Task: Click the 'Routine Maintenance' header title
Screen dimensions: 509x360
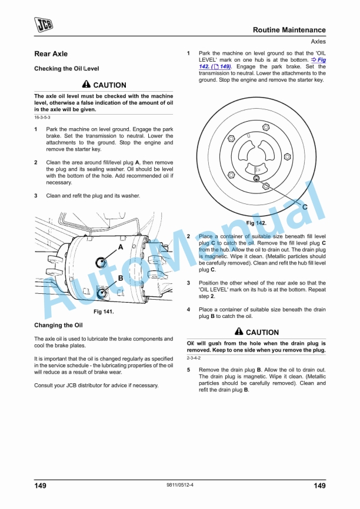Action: (289, 30)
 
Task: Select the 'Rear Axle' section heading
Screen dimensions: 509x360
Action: (51, 54)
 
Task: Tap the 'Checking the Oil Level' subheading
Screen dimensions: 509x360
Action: (66, 69)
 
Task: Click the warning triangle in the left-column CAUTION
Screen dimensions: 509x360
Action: (86, 85)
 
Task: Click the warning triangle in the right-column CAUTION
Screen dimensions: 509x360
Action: (239, 332)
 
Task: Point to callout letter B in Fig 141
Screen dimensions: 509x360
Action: (120, 277)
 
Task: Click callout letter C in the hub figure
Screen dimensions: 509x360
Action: (304, 207)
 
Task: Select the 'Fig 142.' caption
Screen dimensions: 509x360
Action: (256, 223)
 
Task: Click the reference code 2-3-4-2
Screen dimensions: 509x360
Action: (194, 358)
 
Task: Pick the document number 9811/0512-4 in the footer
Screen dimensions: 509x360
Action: (180, 485)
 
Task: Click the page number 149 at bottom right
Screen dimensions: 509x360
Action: (319, 485)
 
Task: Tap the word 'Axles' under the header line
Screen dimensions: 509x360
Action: (318, 42)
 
